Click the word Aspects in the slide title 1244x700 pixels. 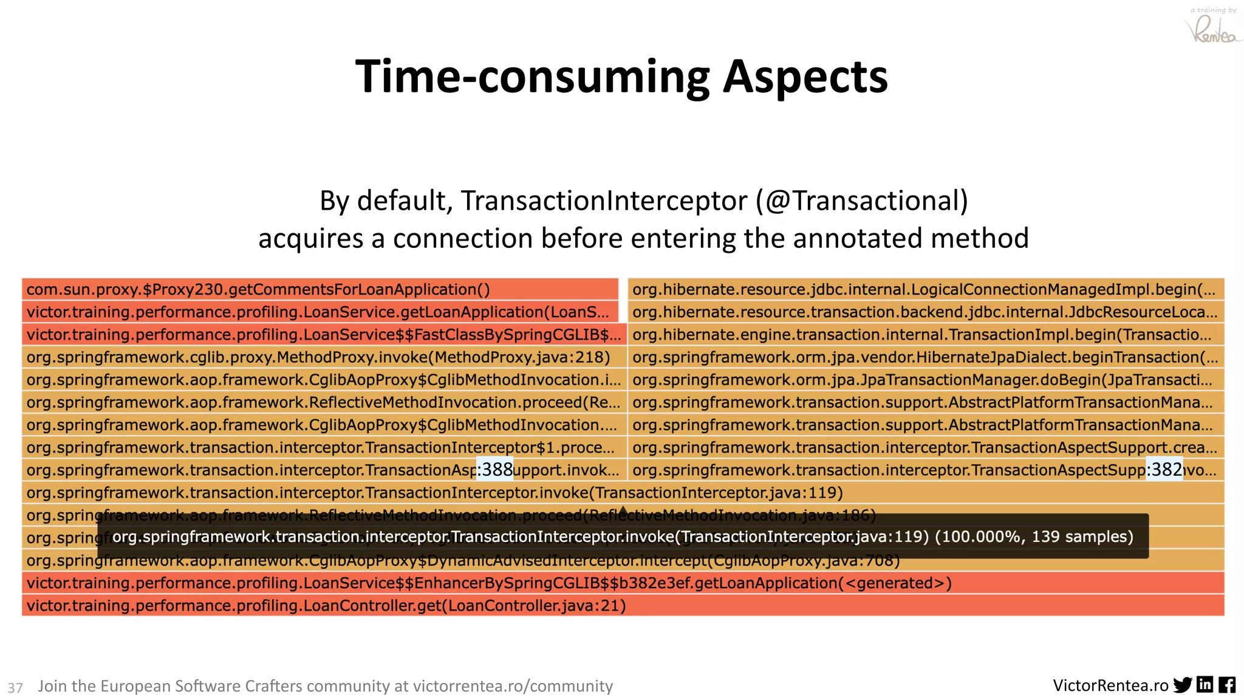point(805,77)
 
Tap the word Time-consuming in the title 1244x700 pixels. point(532,77)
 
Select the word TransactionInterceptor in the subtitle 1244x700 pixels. point(604,201)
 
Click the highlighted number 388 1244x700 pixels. point(495,470)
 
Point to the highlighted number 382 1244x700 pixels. point(1164,470)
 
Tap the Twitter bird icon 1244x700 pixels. point(1183,685)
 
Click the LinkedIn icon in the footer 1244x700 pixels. point(1205,685)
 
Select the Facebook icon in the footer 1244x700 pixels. point(1227,685)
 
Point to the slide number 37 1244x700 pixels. point(15,687)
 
